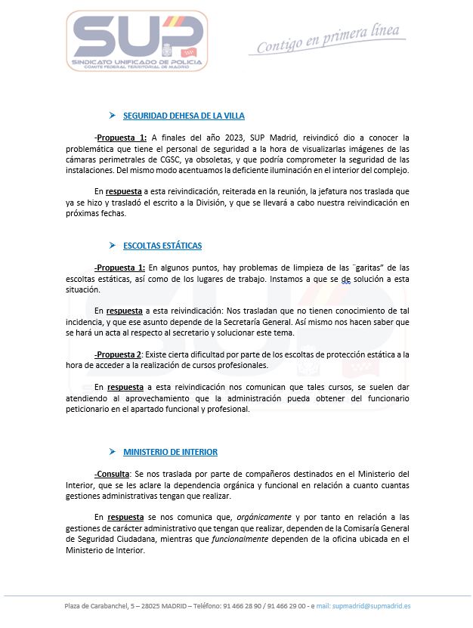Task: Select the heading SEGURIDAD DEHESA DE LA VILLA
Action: click(184, 116)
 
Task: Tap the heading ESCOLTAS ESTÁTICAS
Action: click(162, 246)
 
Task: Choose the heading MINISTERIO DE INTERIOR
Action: click(170, 452)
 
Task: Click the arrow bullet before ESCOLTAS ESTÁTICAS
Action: click(112, 246)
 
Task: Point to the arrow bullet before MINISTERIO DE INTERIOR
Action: click(112, 452)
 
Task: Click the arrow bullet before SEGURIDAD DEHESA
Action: click(112, 116)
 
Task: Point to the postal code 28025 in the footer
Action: click(151, 605)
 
